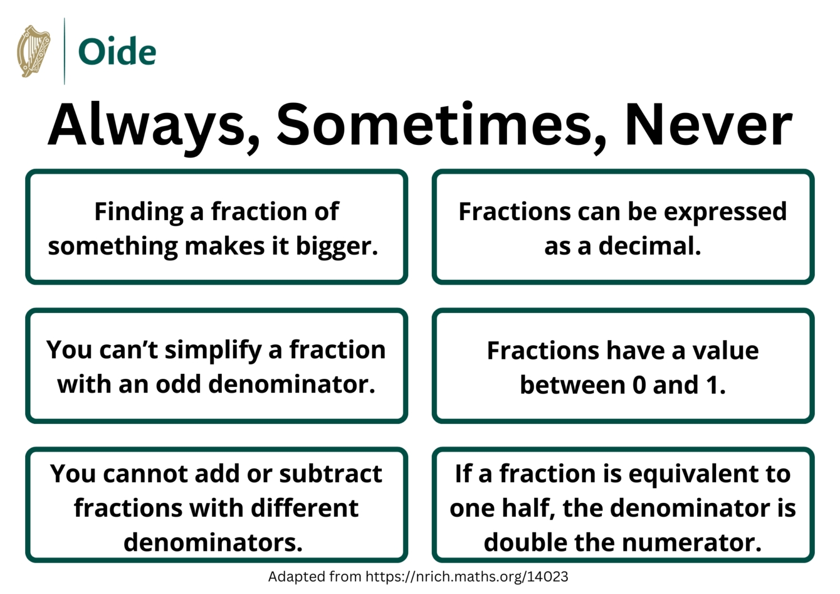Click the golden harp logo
click(34, 51)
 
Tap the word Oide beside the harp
click(117, 52)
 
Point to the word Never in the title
click(708, 124)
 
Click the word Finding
click(138, 212)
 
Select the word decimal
click(650, 246)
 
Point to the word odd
click(179, 385)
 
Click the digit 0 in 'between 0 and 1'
click(638, 385)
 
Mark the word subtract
click(330, 474)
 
